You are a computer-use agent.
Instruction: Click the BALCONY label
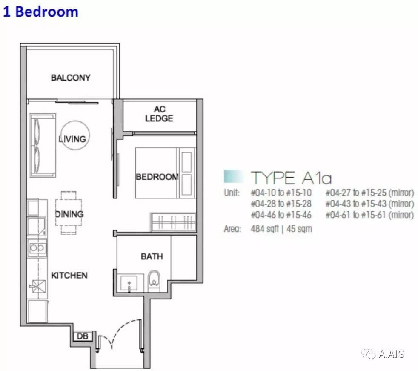[71, 78]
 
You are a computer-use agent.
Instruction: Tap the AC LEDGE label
[159, 114]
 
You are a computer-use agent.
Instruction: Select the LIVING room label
[72, 139]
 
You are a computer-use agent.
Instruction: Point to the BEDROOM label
[157, 177]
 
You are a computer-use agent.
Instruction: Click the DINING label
[69, 214]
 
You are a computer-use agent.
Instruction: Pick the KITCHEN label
[69, 275]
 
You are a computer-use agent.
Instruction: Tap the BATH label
[152, 256]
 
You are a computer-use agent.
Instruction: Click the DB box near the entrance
[83, 336]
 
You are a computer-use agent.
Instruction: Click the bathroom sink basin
[129, 283]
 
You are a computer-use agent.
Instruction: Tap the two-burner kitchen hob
[37, 248]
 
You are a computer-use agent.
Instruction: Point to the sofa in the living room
[43, 145]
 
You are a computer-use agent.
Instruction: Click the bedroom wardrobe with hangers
[173, 221]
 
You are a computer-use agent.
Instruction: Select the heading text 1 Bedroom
[40, 12]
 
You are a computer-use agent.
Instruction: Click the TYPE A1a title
[291, 178]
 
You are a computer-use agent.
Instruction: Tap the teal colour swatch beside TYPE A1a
[234, 177]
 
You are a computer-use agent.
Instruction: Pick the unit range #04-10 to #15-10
[281, 193]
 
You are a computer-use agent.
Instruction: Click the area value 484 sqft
[265, 229]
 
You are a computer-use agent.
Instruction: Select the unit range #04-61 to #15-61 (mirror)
[370, 215]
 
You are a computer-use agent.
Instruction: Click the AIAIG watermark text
[392, 354]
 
